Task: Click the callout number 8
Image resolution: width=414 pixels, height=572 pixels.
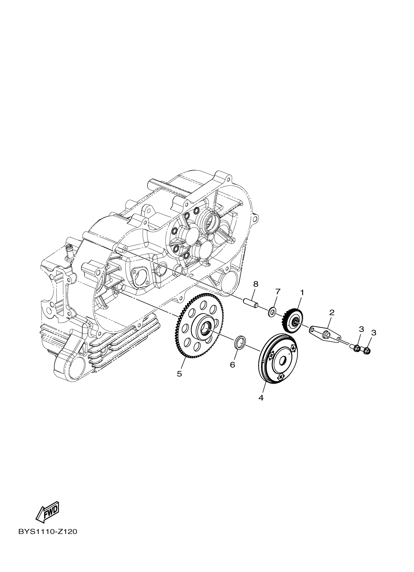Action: (256, 284)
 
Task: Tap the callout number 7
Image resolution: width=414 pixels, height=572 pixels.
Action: (278, 291)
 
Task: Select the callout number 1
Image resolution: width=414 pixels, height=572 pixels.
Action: (302, 293)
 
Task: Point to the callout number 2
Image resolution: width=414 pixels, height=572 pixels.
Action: (332, 313)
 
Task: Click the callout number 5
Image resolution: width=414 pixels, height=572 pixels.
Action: (179, 374)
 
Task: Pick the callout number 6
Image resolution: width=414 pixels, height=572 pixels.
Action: (232, 364)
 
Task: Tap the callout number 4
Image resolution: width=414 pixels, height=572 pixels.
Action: (261, 398)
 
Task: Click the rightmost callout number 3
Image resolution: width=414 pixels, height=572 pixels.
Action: (374, 333)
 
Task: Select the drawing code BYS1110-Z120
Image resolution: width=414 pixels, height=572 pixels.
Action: (48, 538)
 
